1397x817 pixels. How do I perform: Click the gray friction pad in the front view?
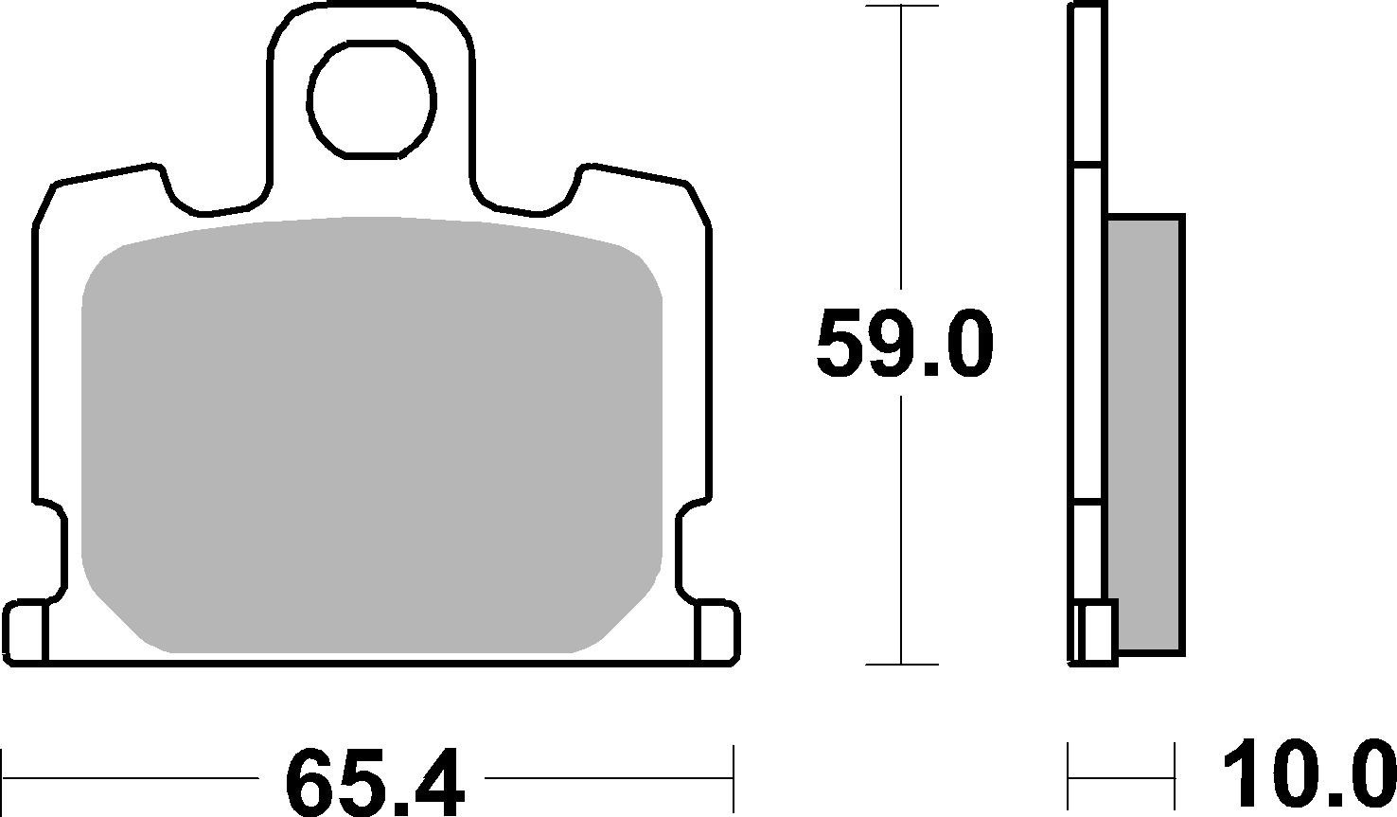click(x=372, y=435)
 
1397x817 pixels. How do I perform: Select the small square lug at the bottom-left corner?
click(x=26, y=631)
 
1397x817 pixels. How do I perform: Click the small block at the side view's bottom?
click(x=1096, y=631)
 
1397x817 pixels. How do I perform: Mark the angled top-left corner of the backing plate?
click(x=45, y=204)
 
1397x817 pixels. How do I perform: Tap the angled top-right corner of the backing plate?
click(x=697, y=204)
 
